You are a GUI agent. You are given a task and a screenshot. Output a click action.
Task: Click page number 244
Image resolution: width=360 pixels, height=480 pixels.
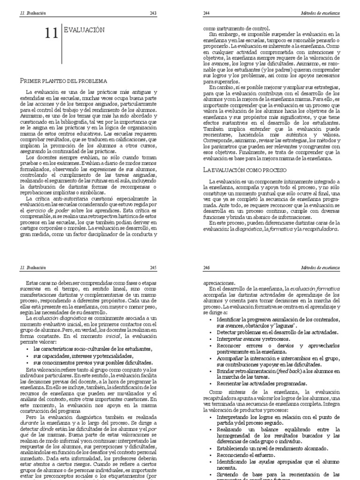coord(207,14)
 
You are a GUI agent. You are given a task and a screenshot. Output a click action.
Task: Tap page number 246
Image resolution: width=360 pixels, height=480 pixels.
coord(207,267)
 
